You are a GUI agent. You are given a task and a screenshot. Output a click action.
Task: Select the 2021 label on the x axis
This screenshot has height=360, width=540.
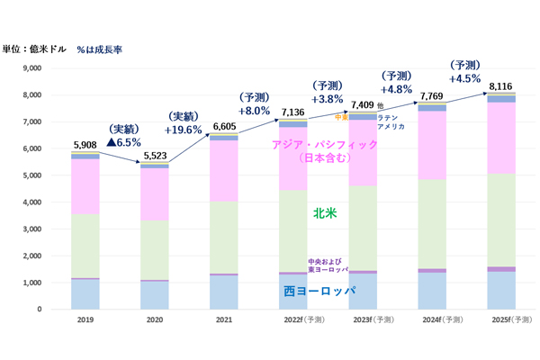(x=225, y=319)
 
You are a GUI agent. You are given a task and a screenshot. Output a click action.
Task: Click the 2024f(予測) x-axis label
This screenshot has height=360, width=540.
(x=431, y=319)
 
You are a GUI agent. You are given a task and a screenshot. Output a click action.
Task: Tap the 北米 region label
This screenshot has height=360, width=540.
(x=324, y=214)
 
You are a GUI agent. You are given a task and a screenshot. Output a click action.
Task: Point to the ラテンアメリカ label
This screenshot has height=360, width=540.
(x=391, y=122)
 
